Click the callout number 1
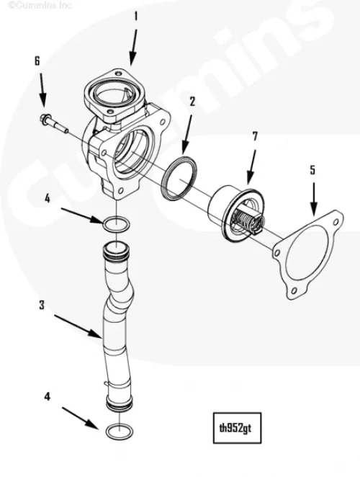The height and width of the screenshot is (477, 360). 136,17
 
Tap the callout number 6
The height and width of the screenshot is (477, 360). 37,61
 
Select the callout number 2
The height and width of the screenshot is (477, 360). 192,102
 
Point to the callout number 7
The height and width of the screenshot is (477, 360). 255,137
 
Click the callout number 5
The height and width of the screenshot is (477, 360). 313,170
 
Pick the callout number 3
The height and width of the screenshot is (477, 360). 42,305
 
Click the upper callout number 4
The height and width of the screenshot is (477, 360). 47,199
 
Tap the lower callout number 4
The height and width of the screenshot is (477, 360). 47,396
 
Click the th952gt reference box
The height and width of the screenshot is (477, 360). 237,428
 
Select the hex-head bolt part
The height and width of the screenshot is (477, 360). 54,123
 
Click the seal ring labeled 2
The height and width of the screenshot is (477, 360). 179,179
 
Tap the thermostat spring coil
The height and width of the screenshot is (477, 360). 246,219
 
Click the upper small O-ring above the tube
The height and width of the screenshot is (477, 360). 116,225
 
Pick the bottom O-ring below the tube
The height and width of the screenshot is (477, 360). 120,430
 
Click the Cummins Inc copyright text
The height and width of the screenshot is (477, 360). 40,5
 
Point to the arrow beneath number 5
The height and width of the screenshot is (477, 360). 313,200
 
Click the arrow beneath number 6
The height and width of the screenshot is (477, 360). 42,89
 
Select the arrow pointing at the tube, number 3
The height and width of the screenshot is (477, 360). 78,326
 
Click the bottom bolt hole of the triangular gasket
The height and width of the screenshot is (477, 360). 294,291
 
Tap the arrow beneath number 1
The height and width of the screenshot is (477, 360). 133,47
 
